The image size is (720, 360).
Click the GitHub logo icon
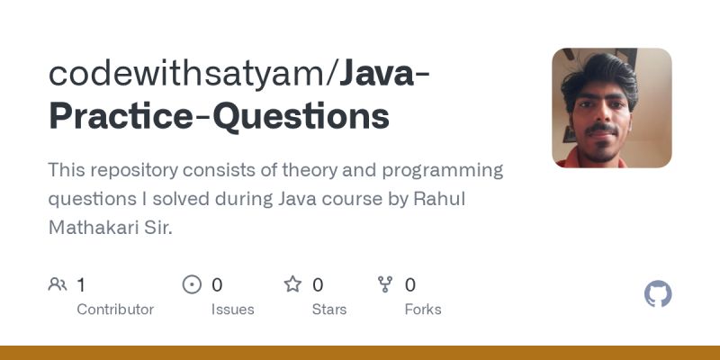(658, 294)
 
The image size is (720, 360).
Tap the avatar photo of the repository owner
(612, 108)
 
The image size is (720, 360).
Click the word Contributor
(115, 309)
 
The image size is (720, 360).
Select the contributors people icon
(58, 285)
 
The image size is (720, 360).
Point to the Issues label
(233, 309)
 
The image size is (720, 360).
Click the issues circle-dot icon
(192, 285)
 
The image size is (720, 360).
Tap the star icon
(292, 285)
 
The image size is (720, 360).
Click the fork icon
(385, 285)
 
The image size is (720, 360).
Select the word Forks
(423, 309)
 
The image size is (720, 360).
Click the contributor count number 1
(81, 285)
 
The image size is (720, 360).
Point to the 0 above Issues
(217, 285)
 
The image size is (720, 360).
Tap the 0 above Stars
(318, 285)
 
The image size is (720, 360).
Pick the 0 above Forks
(410, 285)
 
